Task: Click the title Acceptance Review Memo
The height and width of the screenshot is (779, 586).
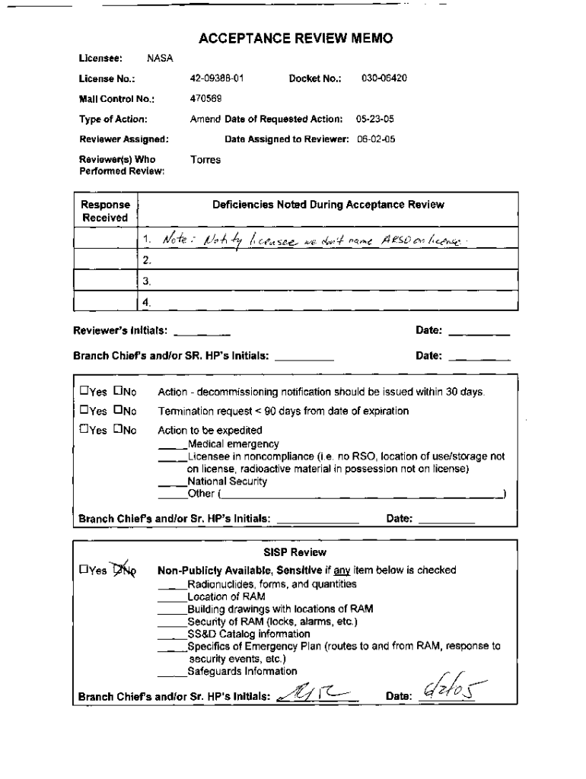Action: click(295, 39)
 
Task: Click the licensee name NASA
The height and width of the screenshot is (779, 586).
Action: click(160, 58)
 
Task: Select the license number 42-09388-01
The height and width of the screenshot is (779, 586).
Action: click(217, 78)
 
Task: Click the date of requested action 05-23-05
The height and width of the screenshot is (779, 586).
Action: click(380, 119)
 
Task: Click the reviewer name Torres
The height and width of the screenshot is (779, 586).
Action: click(205, 160)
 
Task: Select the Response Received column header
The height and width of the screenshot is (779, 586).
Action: click(105, 211)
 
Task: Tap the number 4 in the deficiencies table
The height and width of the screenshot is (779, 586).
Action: click(146, 302)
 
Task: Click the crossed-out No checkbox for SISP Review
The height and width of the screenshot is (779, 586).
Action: click(119, 570)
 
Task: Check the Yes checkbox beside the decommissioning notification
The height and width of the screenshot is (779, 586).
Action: click(84, 393)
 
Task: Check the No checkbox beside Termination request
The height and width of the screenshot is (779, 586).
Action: click(118, 411)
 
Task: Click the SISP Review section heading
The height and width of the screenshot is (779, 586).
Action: click(294, 552)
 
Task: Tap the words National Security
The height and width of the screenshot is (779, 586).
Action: click(227, 482)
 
